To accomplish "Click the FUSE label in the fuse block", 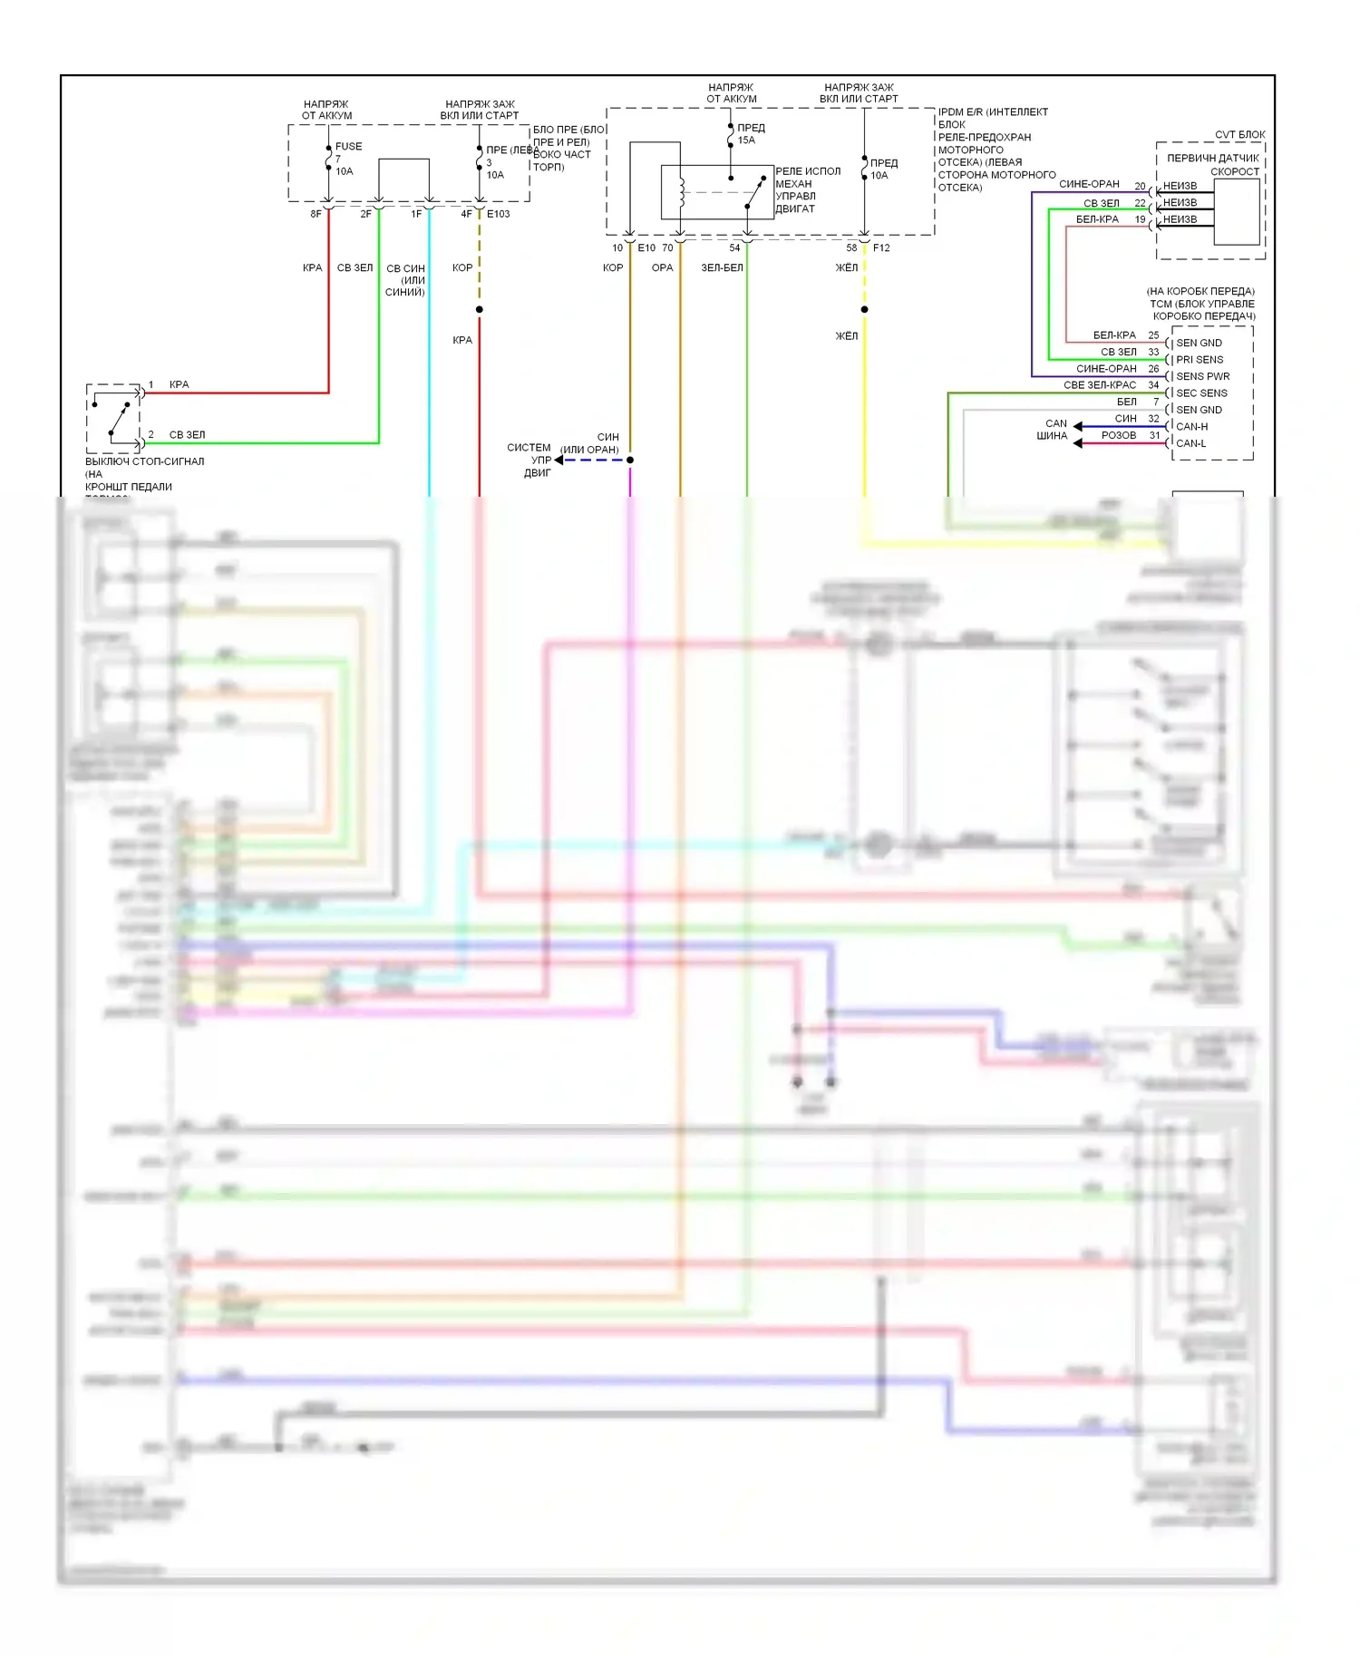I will (348, 146).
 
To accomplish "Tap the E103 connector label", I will (498, 214).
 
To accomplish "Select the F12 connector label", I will (881, 247).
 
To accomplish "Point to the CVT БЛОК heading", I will (1239, 134).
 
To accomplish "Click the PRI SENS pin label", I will (1199, 360).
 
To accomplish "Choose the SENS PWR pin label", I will (1202, 376).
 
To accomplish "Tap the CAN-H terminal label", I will (1191, 426).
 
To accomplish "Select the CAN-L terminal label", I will (1190, 443).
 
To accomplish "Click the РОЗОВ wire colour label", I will (1118, 435).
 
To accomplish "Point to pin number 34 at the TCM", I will (1153, 385).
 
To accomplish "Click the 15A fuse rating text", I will (746, 141).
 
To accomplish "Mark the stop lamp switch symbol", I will (115, 418).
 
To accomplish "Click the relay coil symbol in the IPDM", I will (681, 193).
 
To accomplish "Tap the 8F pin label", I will (316, 214).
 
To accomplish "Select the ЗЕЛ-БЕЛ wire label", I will (722, 267).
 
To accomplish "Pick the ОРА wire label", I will (662, 267).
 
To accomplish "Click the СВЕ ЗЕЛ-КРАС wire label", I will (1099, 385).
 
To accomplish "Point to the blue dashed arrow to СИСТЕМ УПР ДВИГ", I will (589, 460).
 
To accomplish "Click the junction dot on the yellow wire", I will (864, 310).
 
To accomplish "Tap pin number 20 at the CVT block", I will (1140, 187).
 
